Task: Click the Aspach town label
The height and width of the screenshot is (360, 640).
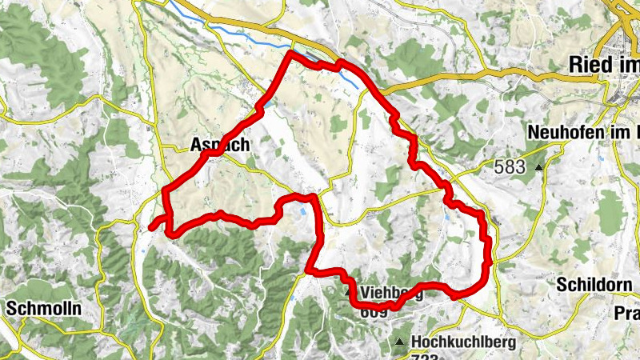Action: click(220, 146)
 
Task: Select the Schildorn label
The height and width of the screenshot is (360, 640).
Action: click(596, 285)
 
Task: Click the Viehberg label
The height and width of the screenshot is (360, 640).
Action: click(391, 292)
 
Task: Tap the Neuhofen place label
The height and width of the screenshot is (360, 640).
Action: click(584, 130)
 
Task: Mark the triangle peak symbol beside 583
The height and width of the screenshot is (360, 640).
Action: click(539, 167)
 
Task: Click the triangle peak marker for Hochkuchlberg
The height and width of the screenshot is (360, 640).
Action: click(400, 342)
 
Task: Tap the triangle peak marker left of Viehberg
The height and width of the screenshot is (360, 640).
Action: click(349, 293)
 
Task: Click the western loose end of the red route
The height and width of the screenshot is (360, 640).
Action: click(150, 228)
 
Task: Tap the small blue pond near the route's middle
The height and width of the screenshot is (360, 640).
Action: click(302, 211)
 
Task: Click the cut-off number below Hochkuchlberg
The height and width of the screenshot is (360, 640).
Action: click(429, 357)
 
